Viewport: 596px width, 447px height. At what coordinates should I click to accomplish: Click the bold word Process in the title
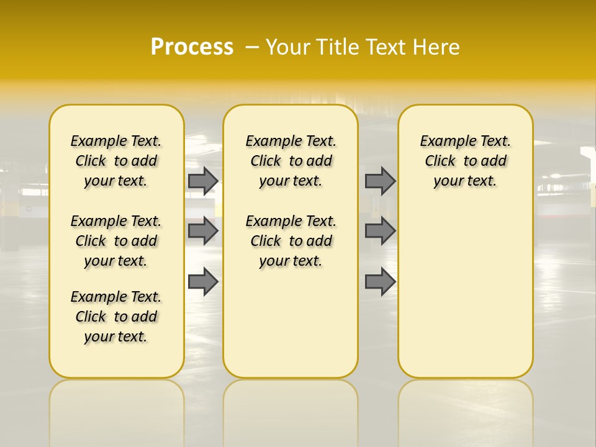[x=192, y=47]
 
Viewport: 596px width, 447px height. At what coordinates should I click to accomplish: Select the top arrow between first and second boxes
[x=203, y=181]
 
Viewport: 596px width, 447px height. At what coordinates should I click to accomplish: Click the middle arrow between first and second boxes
[x=203, y=231]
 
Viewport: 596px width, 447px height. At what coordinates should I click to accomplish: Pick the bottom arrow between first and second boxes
[x=203, y=282]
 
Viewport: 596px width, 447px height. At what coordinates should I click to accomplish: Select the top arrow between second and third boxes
[x=380, y=181]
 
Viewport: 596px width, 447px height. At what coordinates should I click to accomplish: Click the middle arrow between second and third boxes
[x=380, y=231]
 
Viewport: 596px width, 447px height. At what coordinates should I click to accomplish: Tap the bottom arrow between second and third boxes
[x=380, y=282]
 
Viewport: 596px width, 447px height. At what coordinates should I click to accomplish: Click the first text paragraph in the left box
[x=116, y=161]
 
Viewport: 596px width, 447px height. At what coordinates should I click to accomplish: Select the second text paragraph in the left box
[x=116, y=241]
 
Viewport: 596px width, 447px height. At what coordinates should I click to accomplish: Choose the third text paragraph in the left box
[x=116, y=317]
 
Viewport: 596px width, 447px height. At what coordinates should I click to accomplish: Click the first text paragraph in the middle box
[x=291, y=161]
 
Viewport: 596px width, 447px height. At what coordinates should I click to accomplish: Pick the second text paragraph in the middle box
[x=291, y=241]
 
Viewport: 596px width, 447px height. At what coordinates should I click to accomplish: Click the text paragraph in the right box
[x=466, y=161]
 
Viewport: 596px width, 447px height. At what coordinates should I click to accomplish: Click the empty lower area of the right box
[x=466, y=298]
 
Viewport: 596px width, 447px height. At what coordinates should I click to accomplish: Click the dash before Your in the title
[x=252, y=47]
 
